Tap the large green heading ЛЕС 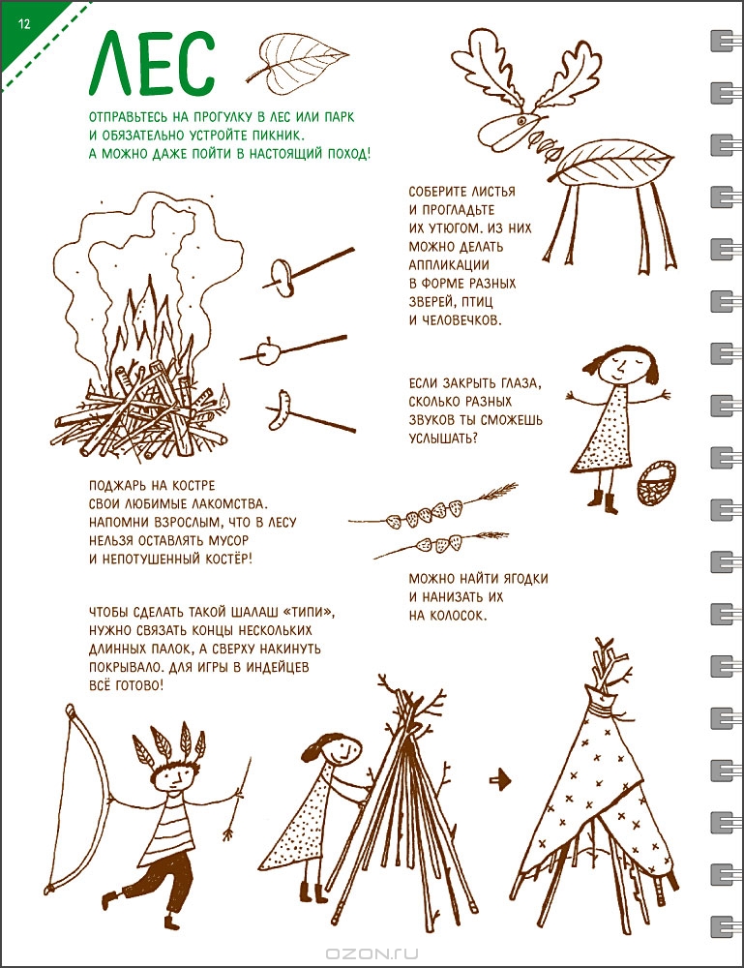coord(152,68)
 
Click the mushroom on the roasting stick coord(282,278)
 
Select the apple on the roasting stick coord(270,352)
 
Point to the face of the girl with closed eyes coord(620,367)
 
